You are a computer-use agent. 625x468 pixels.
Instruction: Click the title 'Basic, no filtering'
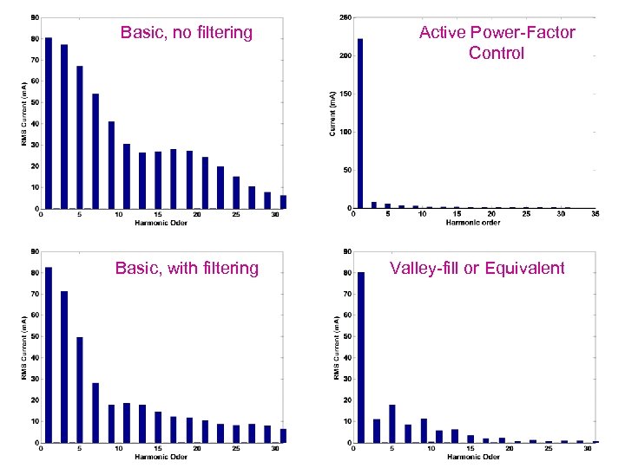point(187,33)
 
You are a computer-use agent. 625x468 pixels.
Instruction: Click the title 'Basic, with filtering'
point(187,268)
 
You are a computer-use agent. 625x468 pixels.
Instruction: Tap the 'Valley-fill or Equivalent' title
point(477,268)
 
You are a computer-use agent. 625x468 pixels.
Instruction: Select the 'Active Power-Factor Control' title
point(497,42)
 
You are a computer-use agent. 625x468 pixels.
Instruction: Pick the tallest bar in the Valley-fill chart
point(360,357)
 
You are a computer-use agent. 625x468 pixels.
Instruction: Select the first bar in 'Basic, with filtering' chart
point(49,354)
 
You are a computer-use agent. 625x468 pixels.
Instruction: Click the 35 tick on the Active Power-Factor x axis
point(595,214)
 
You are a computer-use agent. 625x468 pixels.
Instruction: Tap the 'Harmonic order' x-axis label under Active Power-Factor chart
point(473,223)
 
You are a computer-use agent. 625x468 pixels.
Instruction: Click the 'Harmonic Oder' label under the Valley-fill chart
point(473,457)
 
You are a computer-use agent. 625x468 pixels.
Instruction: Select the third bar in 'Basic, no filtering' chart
point(80,137)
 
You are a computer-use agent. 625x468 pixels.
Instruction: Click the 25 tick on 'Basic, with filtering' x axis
point(236,448)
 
